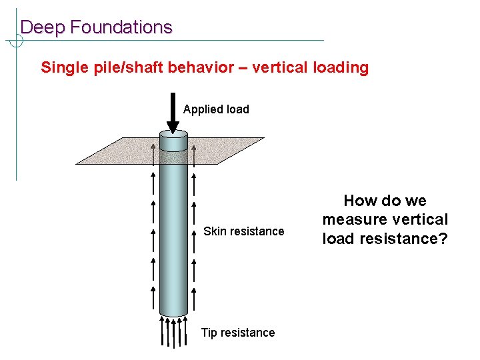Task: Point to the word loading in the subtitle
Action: pyautogui.click(x=342, y=67)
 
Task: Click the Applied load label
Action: pyautogui.click(x=216, y=109)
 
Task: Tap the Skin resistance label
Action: pyautogui.click(x=243, y=231)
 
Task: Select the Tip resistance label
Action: pyautogui.click(x=238, y=333)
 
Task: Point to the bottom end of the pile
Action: pyautogui.click(x=173, y=314)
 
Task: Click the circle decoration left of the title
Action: pyautogui.click(x=16, y=41)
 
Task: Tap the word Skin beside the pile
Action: pyautogui.click(x=215, y=231)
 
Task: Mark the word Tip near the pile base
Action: pyautogui.click(x=209, y=333)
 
